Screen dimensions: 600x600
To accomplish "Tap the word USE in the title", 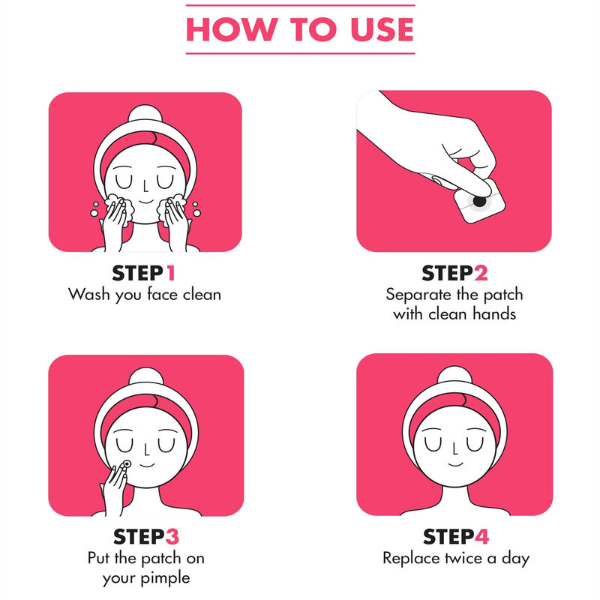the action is (382, 29).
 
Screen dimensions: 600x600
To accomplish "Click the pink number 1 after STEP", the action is (170, 273).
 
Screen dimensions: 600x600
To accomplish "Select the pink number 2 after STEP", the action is (481, 273).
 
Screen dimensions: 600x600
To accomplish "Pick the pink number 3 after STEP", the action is (172, 536).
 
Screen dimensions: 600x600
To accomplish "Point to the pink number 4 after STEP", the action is (481, 536).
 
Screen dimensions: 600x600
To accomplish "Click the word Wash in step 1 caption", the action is (88, 294).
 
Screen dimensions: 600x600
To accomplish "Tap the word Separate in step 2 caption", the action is (418, 295).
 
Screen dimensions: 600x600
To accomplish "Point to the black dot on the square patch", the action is (479, 200).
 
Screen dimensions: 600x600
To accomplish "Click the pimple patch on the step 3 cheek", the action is (127, 464).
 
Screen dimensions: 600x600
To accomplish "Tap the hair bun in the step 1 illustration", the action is (145, 114).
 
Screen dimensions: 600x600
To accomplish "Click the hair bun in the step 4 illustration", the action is (454, 375).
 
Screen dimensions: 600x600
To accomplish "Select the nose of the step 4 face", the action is (454, 448).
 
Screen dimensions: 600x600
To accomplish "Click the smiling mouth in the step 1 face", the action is (145, 201).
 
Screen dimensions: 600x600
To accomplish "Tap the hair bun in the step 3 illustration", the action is (146, 376).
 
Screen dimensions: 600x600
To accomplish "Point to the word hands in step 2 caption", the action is (494, 313).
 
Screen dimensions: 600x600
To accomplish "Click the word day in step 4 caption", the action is (515, 559).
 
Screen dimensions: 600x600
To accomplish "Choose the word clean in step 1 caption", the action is (202, 294).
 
